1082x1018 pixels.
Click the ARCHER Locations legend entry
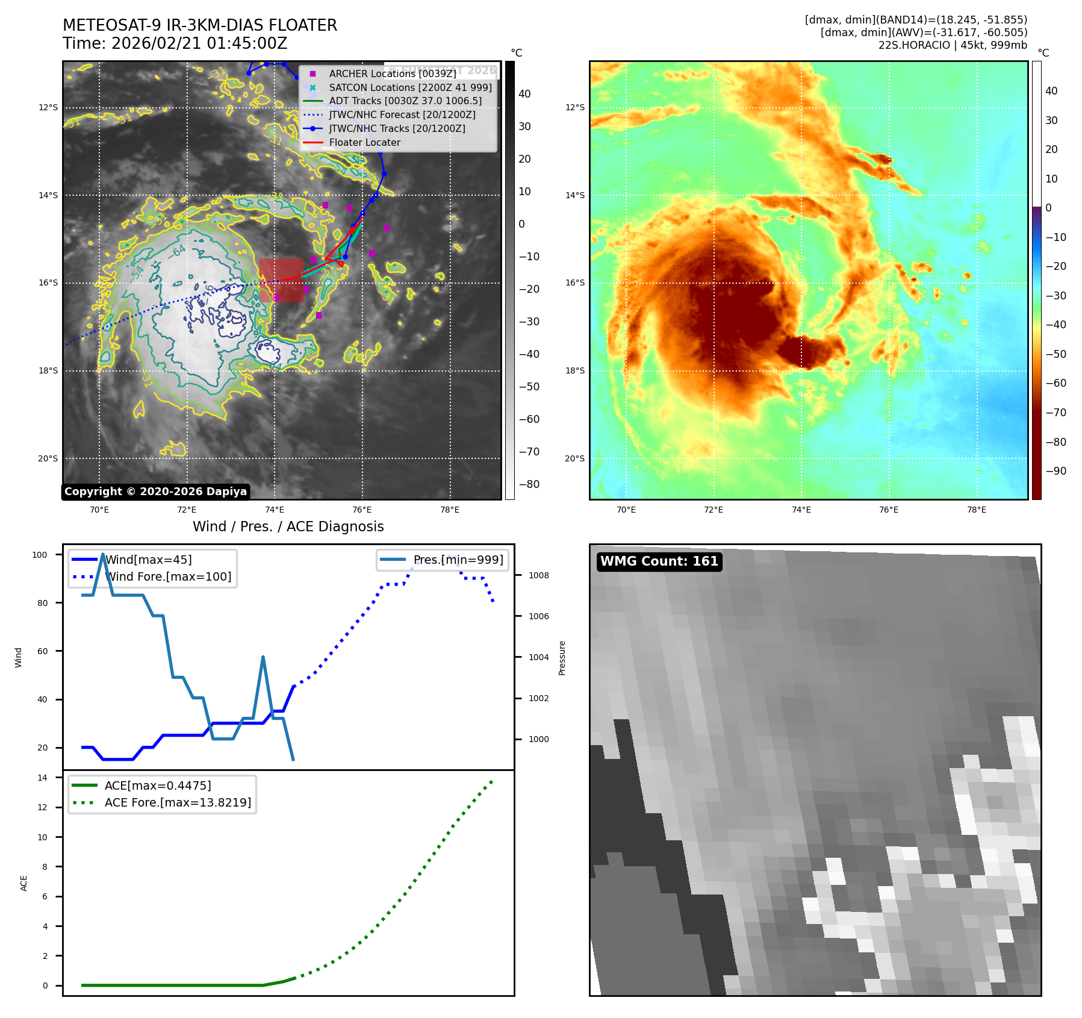coord(393,73)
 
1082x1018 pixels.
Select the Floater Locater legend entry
coord(364,143)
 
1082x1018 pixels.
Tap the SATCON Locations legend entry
coord(410,87)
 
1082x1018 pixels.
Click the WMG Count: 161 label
coord(659,561)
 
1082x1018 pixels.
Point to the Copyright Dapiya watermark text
coord(155,492)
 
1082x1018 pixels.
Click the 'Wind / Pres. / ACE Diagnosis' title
coord(288,526)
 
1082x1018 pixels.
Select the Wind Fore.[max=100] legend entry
coord(168,576)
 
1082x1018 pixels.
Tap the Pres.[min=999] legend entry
coord(458,560)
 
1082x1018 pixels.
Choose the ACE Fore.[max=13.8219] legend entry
coord(178,802)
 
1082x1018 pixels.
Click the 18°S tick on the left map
coord(49,370)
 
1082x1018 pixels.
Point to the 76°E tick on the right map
coord(889,510)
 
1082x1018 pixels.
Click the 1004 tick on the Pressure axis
coord(538,657)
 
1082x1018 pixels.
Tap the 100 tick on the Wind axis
coord(40,555)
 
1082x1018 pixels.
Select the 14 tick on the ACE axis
coord(43,778)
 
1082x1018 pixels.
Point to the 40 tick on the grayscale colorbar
coord(524,94)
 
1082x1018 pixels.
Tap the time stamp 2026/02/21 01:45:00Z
coord(199,44)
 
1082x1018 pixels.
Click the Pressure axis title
coord(562,658)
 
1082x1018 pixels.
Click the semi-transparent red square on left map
coord(281,280)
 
